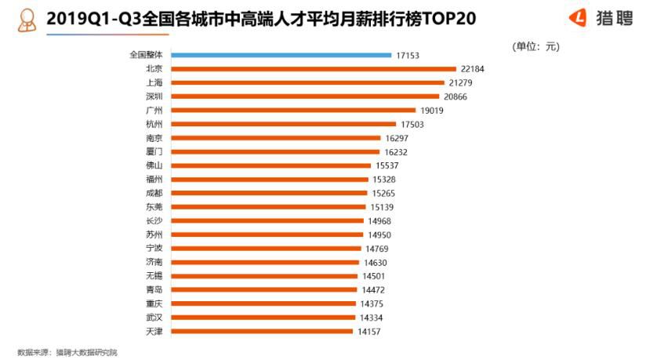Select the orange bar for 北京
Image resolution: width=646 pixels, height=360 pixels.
[x=313, y=69]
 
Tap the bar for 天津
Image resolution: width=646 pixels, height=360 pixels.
[x=261, y=331]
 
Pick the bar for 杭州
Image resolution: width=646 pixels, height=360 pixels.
[x=283, y=124]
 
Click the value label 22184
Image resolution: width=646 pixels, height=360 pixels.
[x=473, y=69]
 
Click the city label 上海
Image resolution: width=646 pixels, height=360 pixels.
[x=154, y=82]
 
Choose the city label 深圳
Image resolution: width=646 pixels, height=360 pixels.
[x=154, y=96]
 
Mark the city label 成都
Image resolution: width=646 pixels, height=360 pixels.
[x=154, y=193]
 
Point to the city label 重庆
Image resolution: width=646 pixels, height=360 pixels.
[x=154, y=304]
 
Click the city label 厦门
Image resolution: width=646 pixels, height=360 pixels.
[x=154, y=151]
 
